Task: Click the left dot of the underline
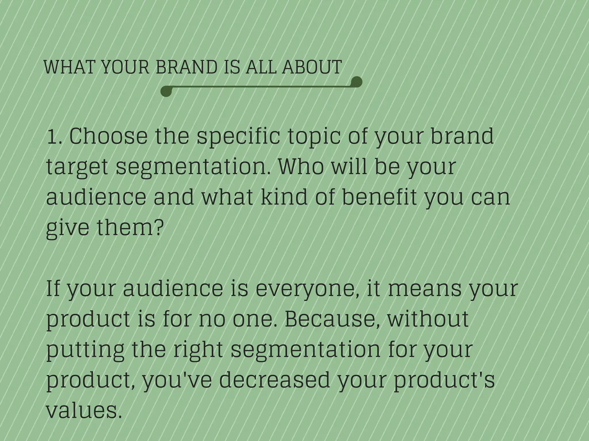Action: (166, 91)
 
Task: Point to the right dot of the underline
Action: (357, 82)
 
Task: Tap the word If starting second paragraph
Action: (54, 289)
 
